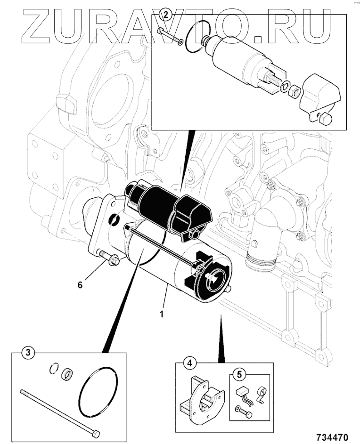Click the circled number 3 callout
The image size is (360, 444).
click(x=29, y=353)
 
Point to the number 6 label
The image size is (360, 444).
click(x=80, y=284)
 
